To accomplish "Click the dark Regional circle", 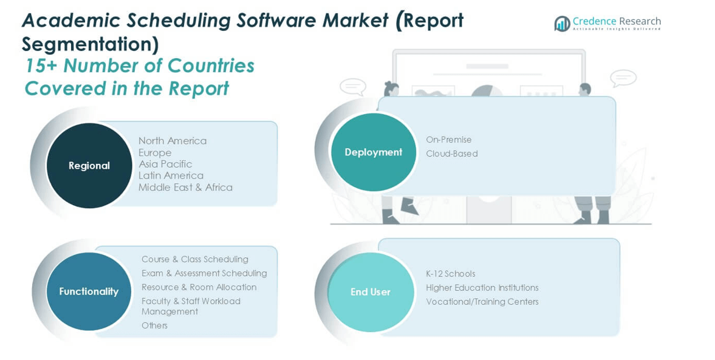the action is coord(89,165).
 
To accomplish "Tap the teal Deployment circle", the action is coord(374,152).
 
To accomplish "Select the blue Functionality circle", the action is coord(89,291).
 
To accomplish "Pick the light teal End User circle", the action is coord(371,292).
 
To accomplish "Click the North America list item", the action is coord(173,141).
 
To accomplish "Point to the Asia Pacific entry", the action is coord(165,164).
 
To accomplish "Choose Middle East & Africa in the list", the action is coord(186,188).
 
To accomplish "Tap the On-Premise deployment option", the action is coord(449,140).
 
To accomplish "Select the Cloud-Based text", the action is coord(452,154).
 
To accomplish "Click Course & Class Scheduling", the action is coord(195,259).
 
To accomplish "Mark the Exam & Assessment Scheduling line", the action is coord(204,273).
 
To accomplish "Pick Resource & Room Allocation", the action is coord(199,287).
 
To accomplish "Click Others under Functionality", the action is coord(154,325).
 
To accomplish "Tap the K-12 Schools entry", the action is coord(451,274).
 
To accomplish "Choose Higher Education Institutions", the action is coord(482,288).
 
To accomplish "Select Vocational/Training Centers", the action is coord(482,302).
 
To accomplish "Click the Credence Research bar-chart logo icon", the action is coord(562,24).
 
